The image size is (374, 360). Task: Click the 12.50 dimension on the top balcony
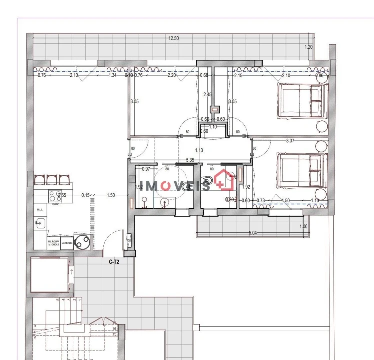coord(173,38)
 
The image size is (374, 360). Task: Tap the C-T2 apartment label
coord(114,261)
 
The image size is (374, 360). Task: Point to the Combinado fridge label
coord(67,243)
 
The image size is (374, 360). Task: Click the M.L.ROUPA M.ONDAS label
coord(54,243)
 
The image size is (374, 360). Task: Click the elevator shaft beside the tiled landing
coord(49,275)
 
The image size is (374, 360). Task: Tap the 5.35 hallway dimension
coord(190,160)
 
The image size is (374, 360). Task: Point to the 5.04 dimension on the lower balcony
coord(254,232)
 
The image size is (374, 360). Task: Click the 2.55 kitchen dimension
coord(61,195)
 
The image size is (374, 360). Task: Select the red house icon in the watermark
coord(226,180)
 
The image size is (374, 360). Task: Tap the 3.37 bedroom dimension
coord(290,141)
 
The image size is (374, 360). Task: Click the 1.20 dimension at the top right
coord(309,47)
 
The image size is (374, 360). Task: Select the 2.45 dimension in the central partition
coord(208,94)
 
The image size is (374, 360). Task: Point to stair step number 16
coord(114,329)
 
